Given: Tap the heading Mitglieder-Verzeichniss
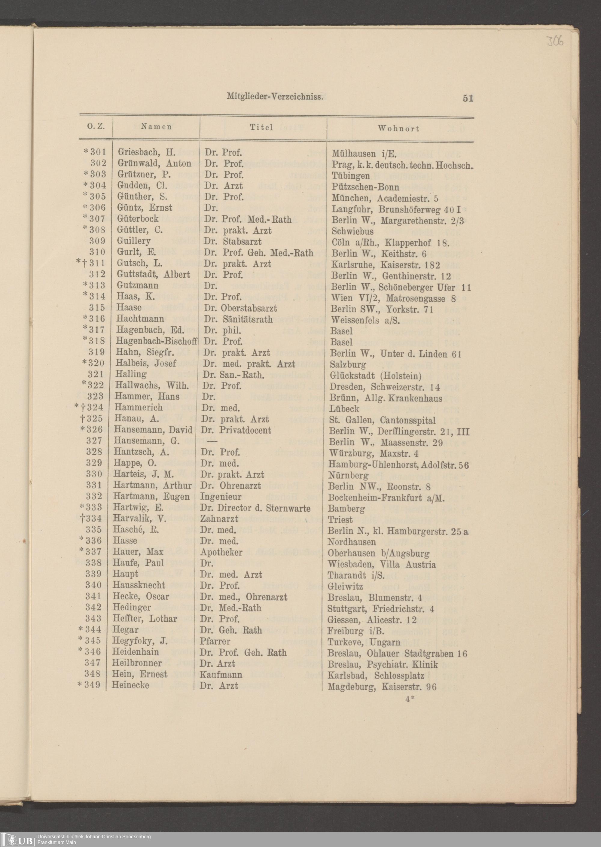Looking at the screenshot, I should (275, 97).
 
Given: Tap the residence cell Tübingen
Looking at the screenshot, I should (350, 175).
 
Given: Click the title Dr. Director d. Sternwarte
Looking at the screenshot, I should (255, 508).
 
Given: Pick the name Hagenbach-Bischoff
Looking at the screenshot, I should (156, 341).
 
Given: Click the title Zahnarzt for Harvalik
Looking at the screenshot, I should (219, 519).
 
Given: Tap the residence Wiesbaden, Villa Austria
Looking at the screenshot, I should (382, 564).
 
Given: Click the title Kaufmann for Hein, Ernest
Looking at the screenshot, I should (221, 675).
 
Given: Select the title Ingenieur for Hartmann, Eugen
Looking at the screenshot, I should (221, 497).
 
